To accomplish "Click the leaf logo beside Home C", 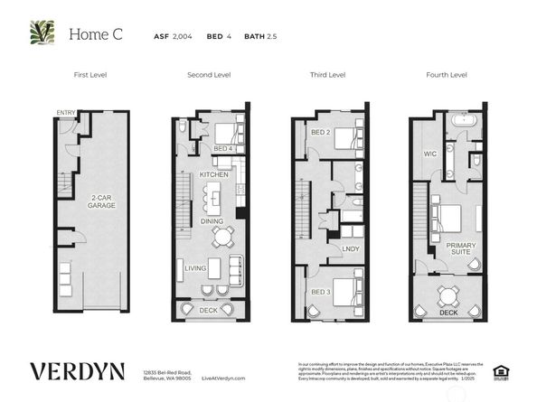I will click(41, 34).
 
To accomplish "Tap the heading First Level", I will click(91, 75).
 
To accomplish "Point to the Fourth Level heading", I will click(446, 75).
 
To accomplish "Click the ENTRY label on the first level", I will click(65, 113).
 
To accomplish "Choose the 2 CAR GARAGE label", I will click(101, 201).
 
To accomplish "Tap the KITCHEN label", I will click(213, 173).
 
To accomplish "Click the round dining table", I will click(221, 237).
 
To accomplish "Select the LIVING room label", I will click(195, 268).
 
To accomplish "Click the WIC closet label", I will click(430, 154).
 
